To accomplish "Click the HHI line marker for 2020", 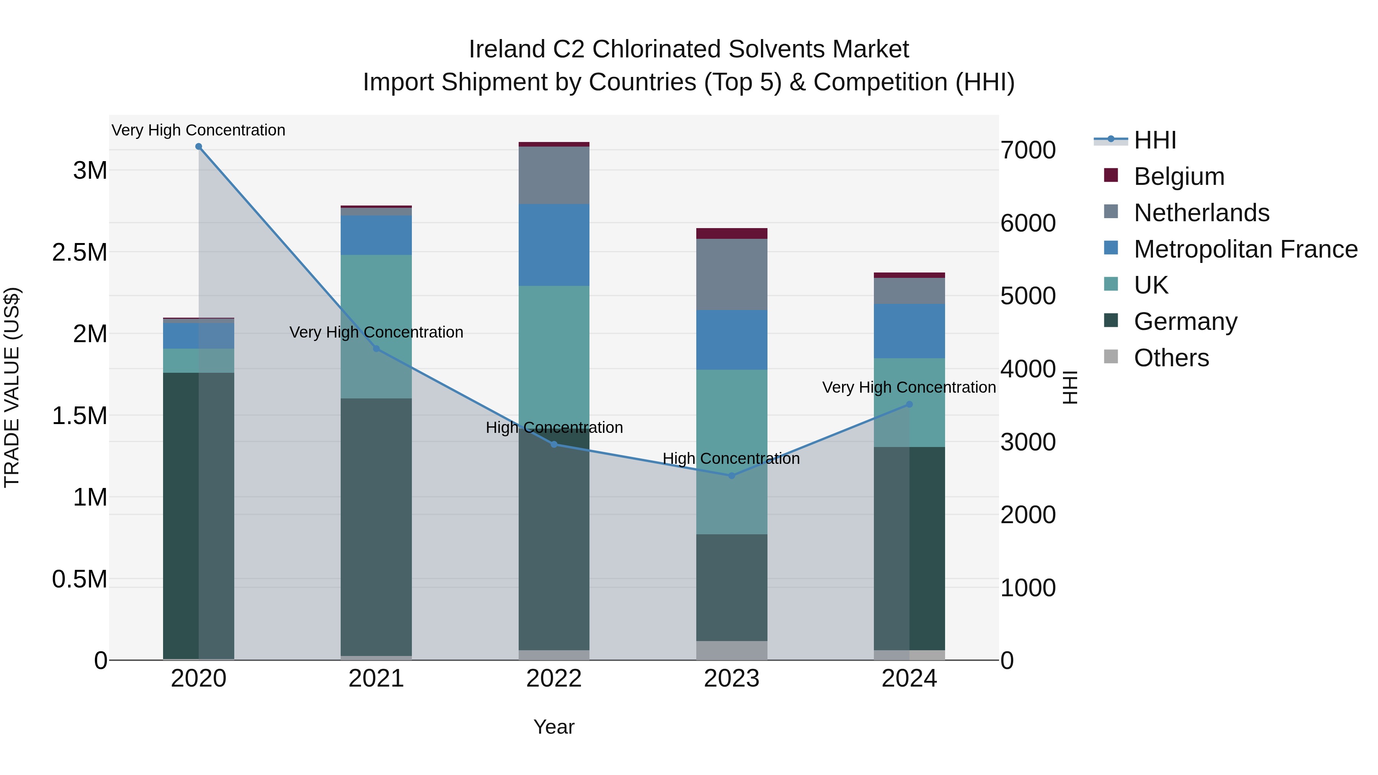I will (198, 147).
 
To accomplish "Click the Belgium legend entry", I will (1179, 176).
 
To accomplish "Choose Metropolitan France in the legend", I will (1245, 249).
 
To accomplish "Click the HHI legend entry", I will (1154, 140).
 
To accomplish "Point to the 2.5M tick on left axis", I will (80, 253).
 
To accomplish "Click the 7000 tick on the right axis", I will (1028, 150).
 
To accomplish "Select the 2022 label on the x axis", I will (553, 679).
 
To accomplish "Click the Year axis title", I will (553, 727).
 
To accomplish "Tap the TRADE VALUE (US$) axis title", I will (12, 387).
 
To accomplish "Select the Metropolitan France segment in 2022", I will (553, 245).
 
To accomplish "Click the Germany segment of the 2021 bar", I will (376, 527).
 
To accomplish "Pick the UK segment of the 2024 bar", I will (927, 402).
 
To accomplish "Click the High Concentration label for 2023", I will (731, 458).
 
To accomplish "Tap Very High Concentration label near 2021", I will (376, 332).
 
